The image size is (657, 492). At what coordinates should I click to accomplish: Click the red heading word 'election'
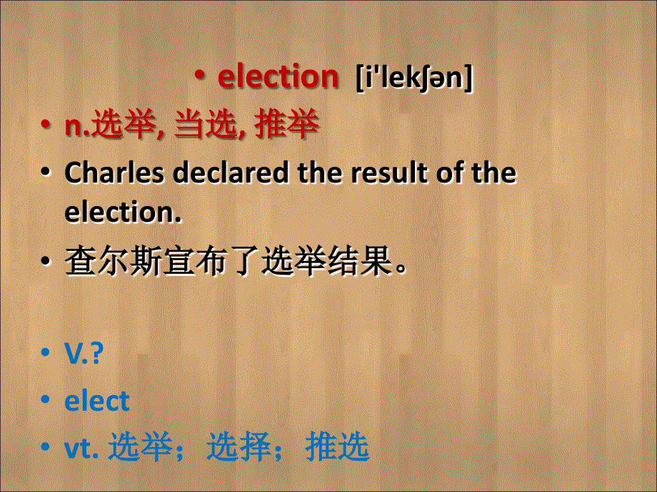pyautogui.click(x=278, y=77)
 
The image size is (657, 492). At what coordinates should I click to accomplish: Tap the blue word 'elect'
pyautogui.click(x=97, y=401)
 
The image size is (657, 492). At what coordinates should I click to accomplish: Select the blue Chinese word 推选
pyautogui.click(x=337, y=448)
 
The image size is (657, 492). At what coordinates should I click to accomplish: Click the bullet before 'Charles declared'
pyautogui.click(x=46, y=174)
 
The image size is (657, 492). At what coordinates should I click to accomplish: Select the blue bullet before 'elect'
pyautogui.click(x=46, y=401)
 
